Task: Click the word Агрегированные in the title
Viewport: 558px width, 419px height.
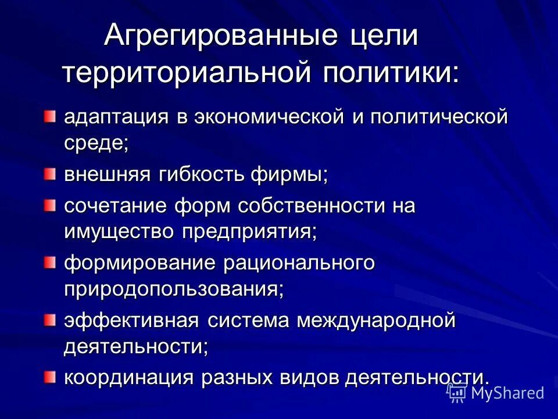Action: coord(216,37)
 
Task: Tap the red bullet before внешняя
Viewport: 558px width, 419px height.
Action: coord(51,173)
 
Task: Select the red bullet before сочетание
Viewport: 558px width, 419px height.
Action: coord(51,204)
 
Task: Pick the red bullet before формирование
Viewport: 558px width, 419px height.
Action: coord(51,262)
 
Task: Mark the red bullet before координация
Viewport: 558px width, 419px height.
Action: coord(51,377)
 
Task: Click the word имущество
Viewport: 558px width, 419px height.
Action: coord(119,232)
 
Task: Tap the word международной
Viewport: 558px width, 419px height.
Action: coord(375,320)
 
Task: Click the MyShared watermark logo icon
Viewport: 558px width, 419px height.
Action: coord(457,393)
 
